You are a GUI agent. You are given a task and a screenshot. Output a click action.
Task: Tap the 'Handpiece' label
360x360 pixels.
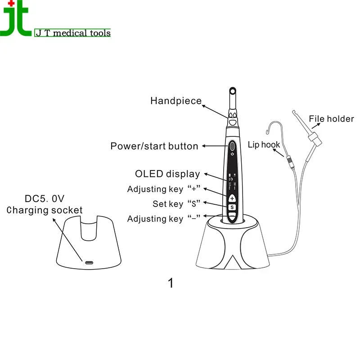pyautogui.click(x=176, y=101)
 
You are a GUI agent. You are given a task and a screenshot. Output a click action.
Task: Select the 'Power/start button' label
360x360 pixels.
pyautogui.click(x=154, y=146)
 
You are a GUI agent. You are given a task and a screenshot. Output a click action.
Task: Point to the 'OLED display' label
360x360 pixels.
pyautogui.click(x=167, y=174)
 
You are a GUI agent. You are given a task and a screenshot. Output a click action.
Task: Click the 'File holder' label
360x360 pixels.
pyautogui.click(x=331, y=119)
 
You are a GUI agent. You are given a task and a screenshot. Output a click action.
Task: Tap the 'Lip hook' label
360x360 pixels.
pyautogui.click(x=264, y=144)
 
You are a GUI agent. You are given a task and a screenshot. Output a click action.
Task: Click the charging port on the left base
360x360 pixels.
pyautogui.click(x=88, y=262)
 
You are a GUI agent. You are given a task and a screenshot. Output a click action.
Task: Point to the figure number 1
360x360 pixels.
pyautogui.click(x=170, y=283)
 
